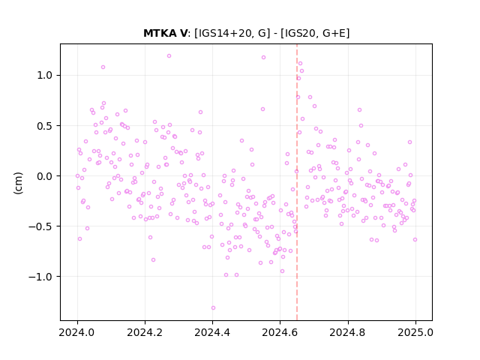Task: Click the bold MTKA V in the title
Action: (x=165, y=33)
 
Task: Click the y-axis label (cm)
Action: (x=18, y=183)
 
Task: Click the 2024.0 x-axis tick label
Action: (x=76, y=332)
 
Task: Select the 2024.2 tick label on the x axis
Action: (x=145, y=332)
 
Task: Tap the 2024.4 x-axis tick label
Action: (x=212, y=332)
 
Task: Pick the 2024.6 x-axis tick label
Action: (x=280, y=332)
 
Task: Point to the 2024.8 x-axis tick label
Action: (x=347, y=332)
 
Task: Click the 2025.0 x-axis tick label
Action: (x=415, y=332)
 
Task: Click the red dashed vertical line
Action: (x=297, y=182)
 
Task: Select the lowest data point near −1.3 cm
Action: (x=213, y=308)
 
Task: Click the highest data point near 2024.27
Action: (x=169, y=56)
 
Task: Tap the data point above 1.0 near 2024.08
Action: (x=103, y=67)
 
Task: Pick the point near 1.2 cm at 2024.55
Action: (x=263, y=58)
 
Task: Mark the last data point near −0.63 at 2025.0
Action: (x=415, y=240)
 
